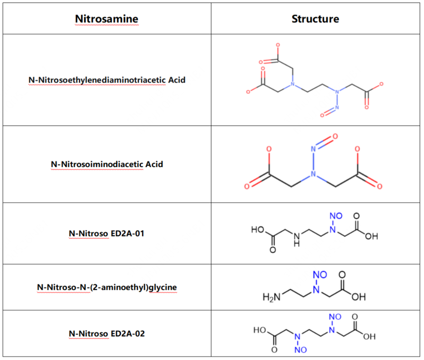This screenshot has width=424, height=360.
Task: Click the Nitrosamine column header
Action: click(x=107, y=19)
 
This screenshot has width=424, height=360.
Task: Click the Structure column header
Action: click(x=315, y=19)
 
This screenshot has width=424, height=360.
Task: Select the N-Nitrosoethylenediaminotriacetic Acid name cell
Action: click(x=107, y=80)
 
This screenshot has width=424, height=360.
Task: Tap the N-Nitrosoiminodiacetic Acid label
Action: click(x=107, y=164)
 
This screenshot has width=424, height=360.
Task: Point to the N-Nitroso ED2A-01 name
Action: click(x=107, y=233)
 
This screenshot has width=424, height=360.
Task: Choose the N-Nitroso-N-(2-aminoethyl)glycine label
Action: click(x=107, y=287)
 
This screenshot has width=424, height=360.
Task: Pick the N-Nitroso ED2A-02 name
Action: click(x=107, y=334)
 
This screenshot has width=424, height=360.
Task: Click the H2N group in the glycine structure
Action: click(x=271, y=297)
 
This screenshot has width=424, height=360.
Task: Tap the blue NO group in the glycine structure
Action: click(x=320, y=275)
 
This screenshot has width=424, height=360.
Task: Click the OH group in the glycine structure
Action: click(x=359, y=297)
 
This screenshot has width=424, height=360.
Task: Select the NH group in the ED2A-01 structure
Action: click(x=297, y=239)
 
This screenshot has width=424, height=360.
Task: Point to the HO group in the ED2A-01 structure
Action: click(x=258, y=230)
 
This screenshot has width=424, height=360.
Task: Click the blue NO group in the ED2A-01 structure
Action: click(x=336, y=216)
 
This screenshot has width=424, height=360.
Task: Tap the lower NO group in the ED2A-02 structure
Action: click(x=300, y=350)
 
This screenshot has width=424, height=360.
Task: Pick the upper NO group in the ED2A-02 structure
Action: click(x=335, y=317)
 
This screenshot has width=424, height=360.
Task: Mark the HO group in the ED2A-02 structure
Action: click(x=260, y=330)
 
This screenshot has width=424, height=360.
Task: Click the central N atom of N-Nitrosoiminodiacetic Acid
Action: click(x=313, y=174)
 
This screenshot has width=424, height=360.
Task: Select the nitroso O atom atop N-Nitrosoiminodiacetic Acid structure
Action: click(x=335, y=136)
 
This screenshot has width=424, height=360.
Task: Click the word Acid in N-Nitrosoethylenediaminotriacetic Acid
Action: click(x=177, y=80)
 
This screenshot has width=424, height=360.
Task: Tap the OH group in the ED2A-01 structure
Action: click(x=372, y=236)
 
